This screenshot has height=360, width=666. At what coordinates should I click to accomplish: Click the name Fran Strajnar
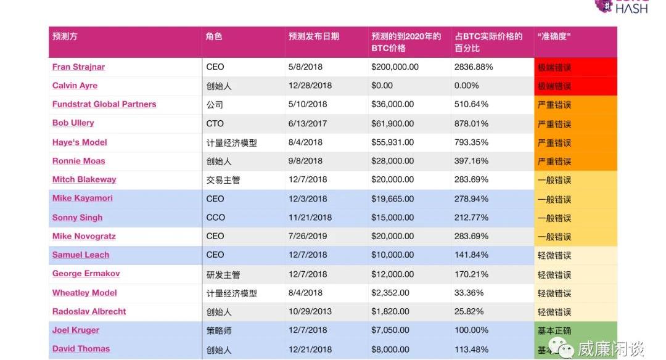click(x=78, y=67)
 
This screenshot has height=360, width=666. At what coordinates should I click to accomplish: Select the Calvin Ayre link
click(x=75, y=86)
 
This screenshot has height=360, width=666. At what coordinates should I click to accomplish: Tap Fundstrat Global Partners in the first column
click(x=104, y=104)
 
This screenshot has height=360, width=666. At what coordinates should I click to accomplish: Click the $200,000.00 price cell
click(x=395, y=67)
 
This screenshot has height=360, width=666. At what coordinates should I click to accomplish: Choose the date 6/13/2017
click(x=306, y=123)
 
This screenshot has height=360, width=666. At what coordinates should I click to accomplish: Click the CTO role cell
click(x=215, y=123)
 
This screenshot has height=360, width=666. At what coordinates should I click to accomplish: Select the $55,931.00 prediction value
click(x=392, y=142)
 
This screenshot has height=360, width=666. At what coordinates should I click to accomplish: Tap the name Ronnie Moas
click(x=78, y=161)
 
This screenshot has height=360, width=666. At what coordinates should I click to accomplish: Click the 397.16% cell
click(x=471, y=161)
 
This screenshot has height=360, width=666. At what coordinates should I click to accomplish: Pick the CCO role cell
click(x=216, y=218)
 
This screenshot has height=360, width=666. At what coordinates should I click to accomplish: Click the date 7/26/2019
click(x=306, y=236)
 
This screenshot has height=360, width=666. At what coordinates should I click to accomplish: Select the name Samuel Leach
click(x=81, y=255)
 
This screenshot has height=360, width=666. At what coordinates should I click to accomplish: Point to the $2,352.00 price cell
click(x=390, y=293)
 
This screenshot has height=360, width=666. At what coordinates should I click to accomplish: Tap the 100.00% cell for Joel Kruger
click(x=471, y=330)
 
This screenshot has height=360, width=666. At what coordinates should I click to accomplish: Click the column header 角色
click(x=214, y=36)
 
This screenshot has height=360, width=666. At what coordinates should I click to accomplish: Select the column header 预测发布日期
click(x=313, y=36)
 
